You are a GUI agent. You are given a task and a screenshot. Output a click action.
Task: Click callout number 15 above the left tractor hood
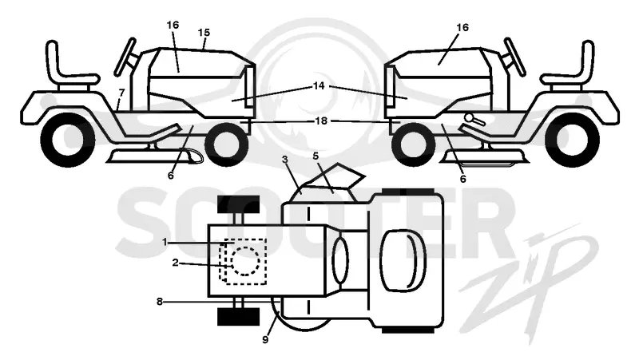pyautogui.click(x=204, y=33)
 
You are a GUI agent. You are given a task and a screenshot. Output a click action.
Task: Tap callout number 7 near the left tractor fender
pyautogui.click(x=121, y=93)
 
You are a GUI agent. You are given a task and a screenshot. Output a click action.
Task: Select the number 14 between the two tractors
pyautogui.click(x=319, y=86)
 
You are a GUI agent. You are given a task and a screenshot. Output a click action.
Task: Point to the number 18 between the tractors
pyautogui.click(x=321, y=121)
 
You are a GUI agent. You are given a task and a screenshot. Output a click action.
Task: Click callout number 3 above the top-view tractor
pyautogui.click(x=285, y=159)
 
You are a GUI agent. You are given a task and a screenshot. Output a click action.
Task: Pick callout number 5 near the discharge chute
pyautogui.click(x=316, y=156)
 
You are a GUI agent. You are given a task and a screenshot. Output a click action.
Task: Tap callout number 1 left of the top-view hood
pyautogui.click(x=165, y=242)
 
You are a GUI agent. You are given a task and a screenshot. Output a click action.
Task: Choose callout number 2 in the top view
pyautogui.click(x=175, y=263)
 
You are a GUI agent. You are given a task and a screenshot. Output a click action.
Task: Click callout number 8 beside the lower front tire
pyautogui.click(x=160, y=302)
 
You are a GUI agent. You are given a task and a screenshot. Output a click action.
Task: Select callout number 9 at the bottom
pyautogui.click(x=265, y=339)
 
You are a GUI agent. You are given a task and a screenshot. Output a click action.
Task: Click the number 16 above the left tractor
pyautogui.click(x=173, y=26)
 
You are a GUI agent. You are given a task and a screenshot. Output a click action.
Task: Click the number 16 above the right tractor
pyautogui.click(x=462, y=27)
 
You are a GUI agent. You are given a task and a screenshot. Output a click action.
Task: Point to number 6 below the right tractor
pyautogui.click(x=463, y=179)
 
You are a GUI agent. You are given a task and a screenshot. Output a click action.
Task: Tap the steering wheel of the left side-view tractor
pyautogui.click(x=125, y=57)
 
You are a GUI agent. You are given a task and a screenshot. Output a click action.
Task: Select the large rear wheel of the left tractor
pyautogui.click(x=68, y=140)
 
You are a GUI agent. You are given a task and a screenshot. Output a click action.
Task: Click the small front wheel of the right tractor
pyautogui.click(x=413, y=144)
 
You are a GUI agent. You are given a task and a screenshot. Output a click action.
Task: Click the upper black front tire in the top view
pyautogui.click(x=238, y=205)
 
